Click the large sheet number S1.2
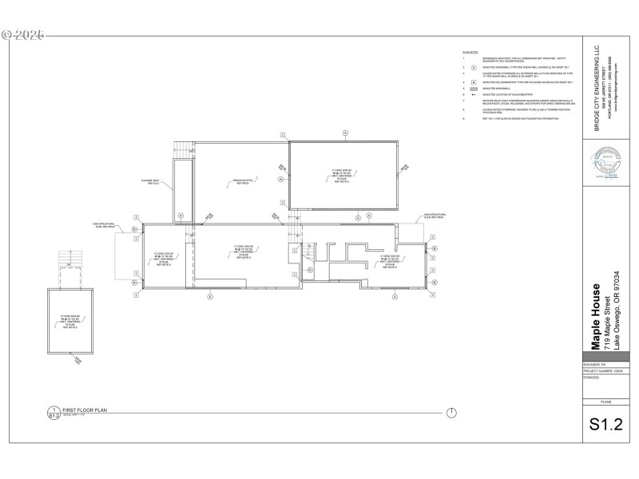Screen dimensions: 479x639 605,424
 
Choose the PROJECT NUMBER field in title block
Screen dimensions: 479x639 601,370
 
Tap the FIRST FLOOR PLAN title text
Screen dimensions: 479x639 85,410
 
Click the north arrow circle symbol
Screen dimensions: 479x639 451,413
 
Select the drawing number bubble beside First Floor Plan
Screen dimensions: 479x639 54,413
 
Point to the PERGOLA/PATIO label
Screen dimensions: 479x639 241,180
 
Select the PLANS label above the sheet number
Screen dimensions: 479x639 605,402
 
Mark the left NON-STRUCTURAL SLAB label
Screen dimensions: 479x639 105,225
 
